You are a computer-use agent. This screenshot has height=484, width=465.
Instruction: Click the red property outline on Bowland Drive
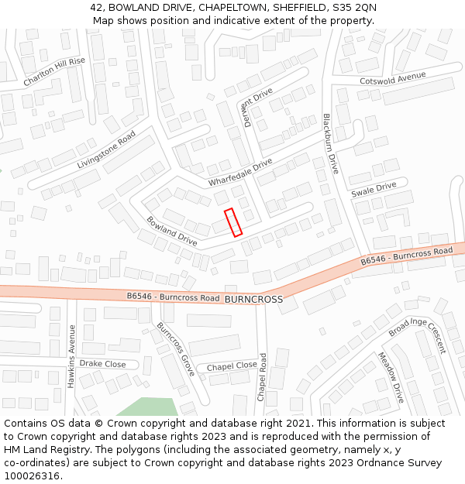pos(233,222)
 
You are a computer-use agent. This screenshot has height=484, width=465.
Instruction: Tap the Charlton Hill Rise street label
pos(54,71)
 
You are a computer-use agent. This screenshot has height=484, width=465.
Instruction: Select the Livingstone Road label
pos(106,150)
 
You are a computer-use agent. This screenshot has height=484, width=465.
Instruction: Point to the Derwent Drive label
pos(257,106)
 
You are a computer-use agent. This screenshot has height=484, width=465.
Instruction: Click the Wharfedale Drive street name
pos(240,172)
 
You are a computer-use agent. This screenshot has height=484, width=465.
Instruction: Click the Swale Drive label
pos(374,189)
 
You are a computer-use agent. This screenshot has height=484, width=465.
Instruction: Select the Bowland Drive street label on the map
pos(171,231)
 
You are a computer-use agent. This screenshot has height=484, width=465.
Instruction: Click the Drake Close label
pos(102,363)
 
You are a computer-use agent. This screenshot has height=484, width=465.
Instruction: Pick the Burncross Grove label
pos(176,349)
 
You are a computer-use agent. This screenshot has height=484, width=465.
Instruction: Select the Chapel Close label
pos(232,366)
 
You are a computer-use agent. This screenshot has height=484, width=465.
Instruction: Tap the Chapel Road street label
pos(262,377)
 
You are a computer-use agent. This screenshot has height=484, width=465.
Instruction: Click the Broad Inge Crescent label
pos(418,335)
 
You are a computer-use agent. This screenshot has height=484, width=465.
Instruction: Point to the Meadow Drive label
pos(391,377)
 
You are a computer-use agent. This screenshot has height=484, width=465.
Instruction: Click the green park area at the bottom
pos(147,407)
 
